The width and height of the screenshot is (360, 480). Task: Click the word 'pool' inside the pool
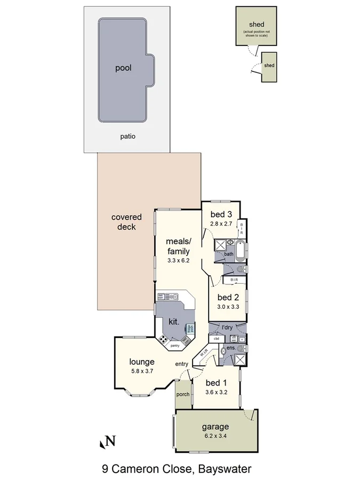click(123, 68)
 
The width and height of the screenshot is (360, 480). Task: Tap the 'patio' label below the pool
click(127, 136)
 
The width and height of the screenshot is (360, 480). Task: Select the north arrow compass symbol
click(108, 441)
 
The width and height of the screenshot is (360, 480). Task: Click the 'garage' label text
click(215, 426)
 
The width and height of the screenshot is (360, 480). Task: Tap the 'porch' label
click(183, 395)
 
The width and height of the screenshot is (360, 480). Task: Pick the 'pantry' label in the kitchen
click(174, 346)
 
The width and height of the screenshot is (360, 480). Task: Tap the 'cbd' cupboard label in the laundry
click(217, 339)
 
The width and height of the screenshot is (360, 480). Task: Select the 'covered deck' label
click(126, 222)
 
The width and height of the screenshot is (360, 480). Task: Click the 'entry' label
click(182, 364)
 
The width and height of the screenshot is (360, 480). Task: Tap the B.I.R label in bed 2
click(234, 280)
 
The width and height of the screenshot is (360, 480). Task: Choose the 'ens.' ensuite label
click(231, 348)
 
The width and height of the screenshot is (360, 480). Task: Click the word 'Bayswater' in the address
click(225, 469)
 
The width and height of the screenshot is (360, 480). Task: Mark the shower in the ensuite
click(240, 359)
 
